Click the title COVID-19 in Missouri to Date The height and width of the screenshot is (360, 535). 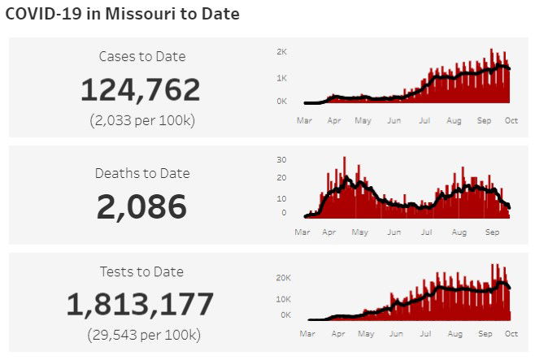[x=122, y=14]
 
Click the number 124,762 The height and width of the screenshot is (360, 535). [x=140, y=89]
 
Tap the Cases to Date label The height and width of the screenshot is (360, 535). [x=141, y=56]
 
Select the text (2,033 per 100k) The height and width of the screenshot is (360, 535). [x=141, y=120]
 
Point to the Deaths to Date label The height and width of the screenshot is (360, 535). [x=141, y=173]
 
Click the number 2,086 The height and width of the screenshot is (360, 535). [x=141, y=207]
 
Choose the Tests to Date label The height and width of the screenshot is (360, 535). [x=141, y=271]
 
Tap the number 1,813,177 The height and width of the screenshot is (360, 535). [x=140, y=305]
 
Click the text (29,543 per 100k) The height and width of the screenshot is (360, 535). [x=141, y=335]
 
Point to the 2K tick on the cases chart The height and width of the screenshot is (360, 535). [x=282, y=51]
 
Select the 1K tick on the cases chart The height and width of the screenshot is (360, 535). [x=282, y=77]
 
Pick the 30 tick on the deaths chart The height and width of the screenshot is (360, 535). [x=281, y=159]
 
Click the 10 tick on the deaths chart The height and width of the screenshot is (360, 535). [x=281, y=197]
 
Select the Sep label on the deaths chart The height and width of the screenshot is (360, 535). [x=492, y=232]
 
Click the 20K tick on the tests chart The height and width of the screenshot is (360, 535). [x=285, y=277]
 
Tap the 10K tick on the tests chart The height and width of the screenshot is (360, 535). [x=285, y=298]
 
